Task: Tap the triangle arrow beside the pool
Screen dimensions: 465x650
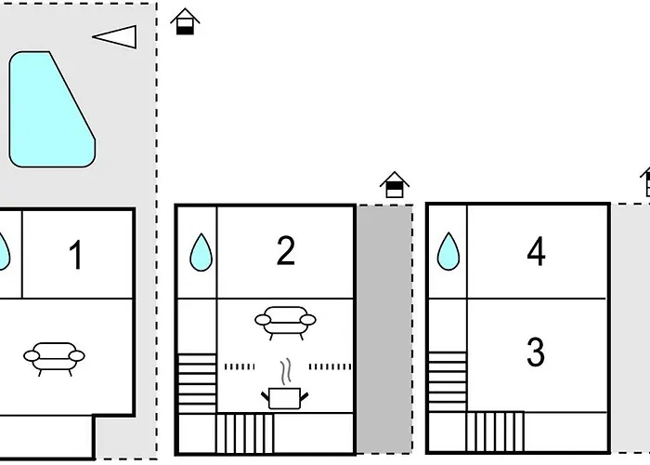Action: tap(117, 37)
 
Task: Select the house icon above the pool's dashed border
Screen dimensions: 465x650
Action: tap(186, 21)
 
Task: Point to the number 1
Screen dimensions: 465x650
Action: tap(76, 255)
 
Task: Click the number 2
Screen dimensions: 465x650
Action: tap(285, 251)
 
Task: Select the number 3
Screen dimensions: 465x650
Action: tap(535, 353)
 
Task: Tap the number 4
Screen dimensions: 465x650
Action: tap(536, 252)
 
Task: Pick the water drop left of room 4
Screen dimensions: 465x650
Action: tap(449, 252)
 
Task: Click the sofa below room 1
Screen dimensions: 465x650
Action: tap(53, 355)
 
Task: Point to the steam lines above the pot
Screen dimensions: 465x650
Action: tap(286, 370)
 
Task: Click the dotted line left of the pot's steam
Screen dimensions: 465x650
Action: tap(240, 367)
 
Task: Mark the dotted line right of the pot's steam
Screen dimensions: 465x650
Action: tap(331, 367)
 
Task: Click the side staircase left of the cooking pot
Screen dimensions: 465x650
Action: tap(196, 382)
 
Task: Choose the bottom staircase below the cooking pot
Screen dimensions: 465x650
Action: tap(246, 432)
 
